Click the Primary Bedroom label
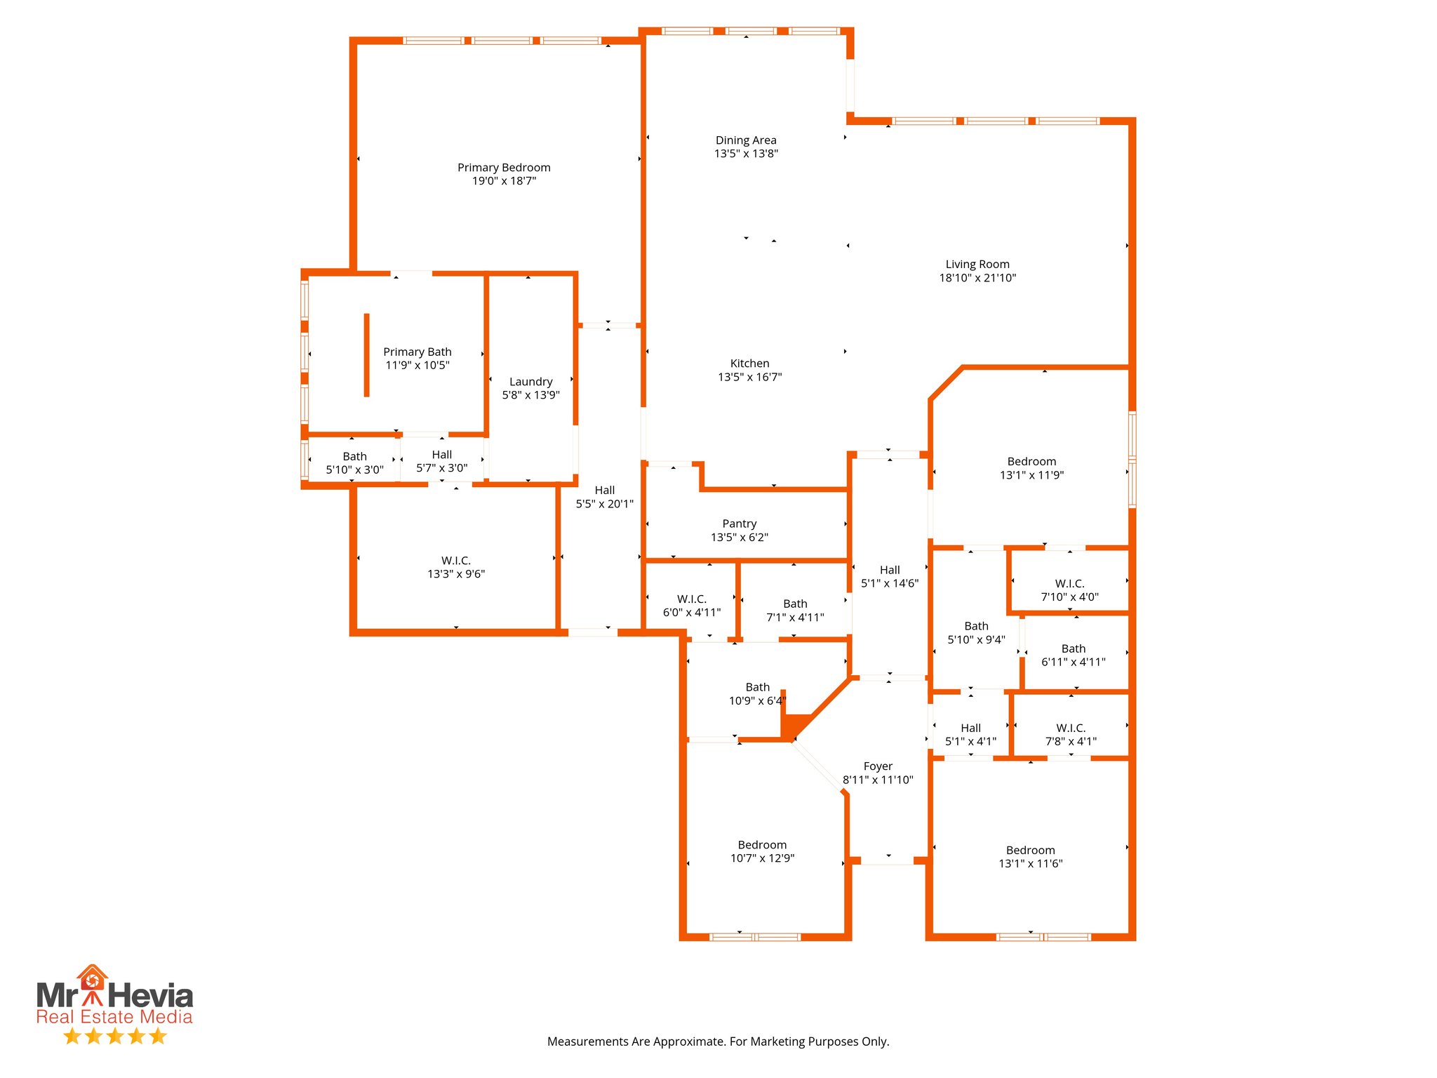pos(504,168)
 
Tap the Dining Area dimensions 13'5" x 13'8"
pos(746,154)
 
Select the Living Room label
pos(977,265)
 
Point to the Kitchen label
pos(749,364)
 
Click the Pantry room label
pos(740,524)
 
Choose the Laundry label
pos(530,382)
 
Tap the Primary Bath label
pos(417,352)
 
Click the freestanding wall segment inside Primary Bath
pos(366,355)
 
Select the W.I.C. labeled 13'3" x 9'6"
pos(456,567)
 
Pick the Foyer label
pos(878,766)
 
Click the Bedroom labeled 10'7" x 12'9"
pos(762,851)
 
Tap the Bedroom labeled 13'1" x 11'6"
pos(1030,857)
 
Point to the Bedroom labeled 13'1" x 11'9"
pos(1031,468)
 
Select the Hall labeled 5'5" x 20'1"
pos(604,497)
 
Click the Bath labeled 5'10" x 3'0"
pos(354,463)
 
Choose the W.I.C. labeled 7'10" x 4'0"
pos(1069,590)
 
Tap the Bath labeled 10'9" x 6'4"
pos(757,693)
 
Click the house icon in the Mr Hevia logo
pos(92,978)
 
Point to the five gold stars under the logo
pos(114,1036)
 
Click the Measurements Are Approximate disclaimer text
pos(718,1042)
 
